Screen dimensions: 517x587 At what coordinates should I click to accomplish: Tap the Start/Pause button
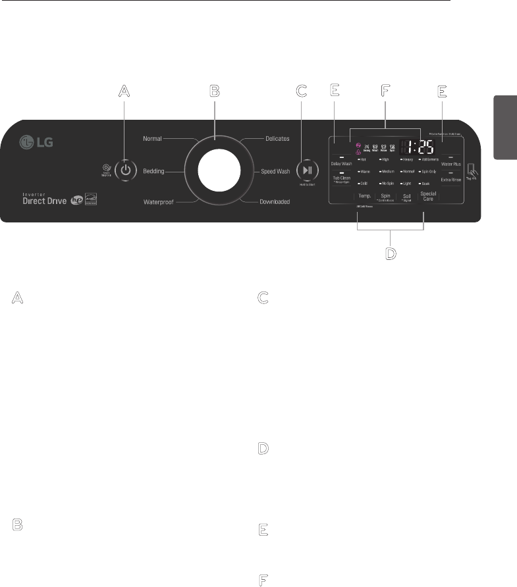tap(308, 169)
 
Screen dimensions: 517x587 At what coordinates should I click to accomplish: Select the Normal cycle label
tap(152, 139)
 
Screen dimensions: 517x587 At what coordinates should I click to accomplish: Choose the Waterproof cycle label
tap(158, 202)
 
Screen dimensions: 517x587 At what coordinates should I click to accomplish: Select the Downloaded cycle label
tap(273, 202)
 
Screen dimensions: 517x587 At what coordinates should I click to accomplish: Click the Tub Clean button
tap(341, 178)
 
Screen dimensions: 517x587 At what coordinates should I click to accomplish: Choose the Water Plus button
tap(451, 163)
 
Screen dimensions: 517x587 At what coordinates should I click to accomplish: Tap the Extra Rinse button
tap(451, 179)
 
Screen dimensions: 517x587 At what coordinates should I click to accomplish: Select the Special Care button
tap(428, 196)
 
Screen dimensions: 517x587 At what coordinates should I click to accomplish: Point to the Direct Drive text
tap(43, 201)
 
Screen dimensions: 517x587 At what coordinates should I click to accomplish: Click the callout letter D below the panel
tap(391, 253)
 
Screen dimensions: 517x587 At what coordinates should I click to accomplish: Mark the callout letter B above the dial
tap(213, 91)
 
